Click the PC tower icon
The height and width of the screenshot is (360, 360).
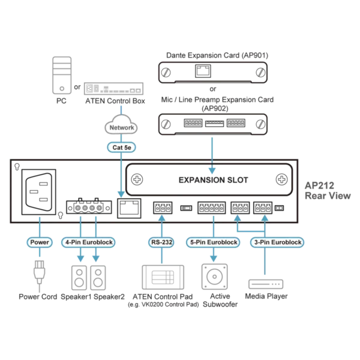click(x=62, y=76)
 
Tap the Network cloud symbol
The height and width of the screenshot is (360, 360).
click(x=121, y=125)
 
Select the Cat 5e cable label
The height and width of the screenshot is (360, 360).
click(x=121, y=148)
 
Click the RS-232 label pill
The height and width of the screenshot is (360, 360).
click(x=161, y=242)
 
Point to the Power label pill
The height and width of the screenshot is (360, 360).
click(x=40, y=242)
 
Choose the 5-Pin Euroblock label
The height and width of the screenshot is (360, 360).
click(x=213, y=242)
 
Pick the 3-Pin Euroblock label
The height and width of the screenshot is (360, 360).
click(x=277, y=242)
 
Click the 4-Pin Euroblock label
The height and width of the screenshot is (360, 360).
click(x=88, y=242)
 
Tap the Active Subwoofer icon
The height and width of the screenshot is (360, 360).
click(x=214, y=277)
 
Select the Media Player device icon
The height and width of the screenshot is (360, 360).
click(x=266, y=284)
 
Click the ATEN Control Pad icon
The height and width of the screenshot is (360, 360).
click(x=163, y=277)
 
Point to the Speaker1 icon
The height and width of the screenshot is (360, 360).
click(x=79, y=278)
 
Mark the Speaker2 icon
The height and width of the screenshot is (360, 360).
click(x=98, y=278)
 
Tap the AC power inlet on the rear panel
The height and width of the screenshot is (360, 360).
click(x=39, y=192)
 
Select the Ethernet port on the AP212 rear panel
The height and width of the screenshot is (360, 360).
click(x=129, y=208)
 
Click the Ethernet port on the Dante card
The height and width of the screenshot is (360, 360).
click(x=203, y=71)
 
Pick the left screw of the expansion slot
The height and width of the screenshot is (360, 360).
click(x=137, y=179)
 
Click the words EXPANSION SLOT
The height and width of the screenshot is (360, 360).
click(x=213, y=180)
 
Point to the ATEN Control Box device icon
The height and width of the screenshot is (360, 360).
click(x=113, y=89)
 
